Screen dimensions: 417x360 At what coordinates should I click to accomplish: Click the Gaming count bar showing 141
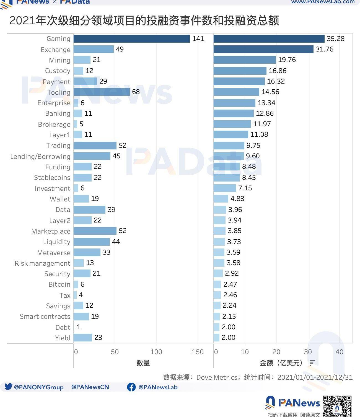coord(132,39)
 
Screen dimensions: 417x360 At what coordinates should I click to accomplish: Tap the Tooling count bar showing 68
coord(102,92)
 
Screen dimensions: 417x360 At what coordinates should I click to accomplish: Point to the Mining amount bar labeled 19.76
coord(245,60)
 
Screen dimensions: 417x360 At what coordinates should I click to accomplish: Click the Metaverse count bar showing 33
coord(87,252)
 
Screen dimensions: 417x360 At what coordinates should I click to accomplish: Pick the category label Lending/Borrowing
coord(40,157)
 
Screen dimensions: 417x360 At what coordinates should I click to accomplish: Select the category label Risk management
coord(43,263)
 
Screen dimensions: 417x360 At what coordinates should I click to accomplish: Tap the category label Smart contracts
coord(45,317)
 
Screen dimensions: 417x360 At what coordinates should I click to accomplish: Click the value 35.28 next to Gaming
coord(335,39)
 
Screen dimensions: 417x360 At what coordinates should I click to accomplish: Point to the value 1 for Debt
coord(79,327)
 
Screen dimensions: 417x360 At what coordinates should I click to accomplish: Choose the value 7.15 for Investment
coord(245,188)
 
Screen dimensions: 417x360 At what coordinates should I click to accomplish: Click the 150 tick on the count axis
coord(198,352)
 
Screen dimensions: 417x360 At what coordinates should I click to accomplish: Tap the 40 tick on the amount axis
coord(339,352)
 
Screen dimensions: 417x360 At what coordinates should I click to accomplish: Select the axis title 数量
coord(143,363)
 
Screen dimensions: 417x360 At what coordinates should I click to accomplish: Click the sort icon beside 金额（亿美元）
coord(312,363)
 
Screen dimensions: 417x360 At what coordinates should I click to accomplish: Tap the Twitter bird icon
coord(9,387)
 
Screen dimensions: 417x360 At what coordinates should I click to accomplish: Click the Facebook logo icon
coord(131,387)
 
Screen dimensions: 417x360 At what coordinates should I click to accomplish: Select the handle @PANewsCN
coord(90,387)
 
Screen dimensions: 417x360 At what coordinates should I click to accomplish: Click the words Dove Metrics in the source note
coord(217,377)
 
